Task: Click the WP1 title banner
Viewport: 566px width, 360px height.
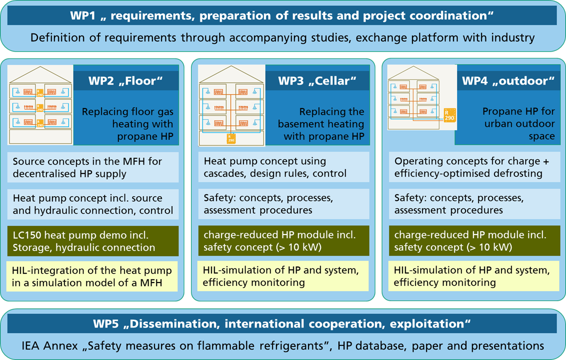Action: coord(282,15)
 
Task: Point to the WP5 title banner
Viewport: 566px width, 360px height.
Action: coord(282,323)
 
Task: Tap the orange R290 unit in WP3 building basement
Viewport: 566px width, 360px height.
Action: coord(231,138)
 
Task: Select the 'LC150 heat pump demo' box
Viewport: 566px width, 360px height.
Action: coord(92,241)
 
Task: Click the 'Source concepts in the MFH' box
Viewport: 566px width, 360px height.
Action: coord(92,167)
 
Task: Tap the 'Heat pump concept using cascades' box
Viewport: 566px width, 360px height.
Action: coord(283,167)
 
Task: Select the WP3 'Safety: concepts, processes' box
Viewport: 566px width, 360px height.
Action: coord(283,204)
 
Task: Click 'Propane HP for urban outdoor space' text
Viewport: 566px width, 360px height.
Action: coord(518,123)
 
